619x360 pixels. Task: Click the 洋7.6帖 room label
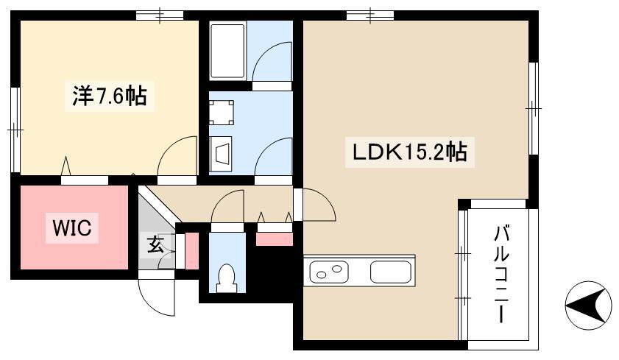108,96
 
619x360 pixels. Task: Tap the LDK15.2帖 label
409,153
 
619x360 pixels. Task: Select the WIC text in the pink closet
72,228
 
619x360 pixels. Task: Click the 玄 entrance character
155,244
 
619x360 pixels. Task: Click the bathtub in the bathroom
228,50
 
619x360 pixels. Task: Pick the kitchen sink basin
391,272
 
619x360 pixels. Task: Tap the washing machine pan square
222,112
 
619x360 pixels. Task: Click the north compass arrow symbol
589,303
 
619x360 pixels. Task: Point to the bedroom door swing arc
177,158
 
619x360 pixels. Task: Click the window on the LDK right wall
534,108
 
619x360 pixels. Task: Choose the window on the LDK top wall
370,14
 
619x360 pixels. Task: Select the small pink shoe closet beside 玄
191,250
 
